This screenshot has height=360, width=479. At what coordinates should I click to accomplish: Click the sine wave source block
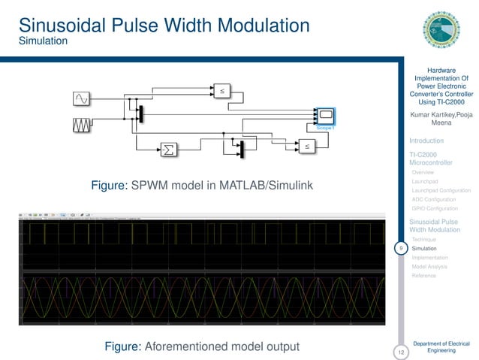81,98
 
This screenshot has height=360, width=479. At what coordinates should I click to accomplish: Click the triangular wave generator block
81,125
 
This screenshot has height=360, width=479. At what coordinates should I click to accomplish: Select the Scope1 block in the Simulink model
325,116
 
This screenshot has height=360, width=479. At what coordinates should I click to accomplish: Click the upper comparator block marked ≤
222,90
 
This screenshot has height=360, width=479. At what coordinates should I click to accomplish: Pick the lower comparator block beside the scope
306,147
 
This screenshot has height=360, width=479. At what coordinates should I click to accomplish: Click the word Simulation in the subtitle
44,41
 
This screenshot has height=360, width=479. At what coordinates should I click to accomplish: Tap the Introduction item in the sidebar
426,141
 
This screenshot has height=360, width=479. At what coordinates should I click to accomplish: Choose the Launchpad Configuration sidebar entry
441,191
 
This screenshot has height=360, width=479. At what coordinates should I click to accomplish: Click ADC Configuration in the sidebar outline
433,200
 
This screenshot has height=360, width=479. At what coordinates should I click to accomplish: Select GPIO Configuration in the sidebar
435,209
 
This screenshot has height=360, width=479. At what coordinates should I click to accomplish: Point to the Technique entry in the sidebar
425,239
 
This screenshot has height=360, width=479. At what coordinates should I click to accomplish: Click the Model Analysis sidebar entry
429,266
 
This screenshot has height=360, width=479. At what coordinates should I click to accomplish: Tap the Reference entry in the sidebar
425,276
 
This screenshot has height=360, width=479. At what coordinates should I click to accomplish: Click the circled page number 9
402,248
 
